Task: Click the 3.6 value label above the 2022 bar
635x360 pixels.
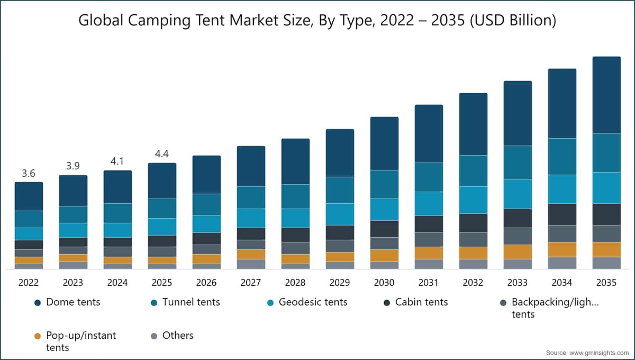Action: [29, 173]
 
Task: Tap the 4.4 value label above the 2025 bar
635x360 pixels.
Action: [162, 154]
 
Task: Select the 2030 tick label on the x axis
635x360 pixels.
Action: [384, 283]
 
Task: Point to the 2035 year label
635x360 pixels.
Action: [606, 283]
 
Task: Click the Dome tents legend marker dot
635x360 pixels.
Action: [38, 303]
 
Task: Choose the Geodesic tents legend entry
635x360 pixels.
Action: [307, 302]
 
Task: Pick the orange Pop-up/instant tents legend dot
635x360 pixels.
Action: [38, 336]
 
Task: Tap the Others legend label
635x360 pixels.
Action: [178, 335]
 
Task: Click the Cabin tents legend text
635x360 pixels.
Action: [422, 302]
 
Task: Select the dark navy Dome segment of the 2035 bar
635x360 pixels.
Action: [606, 95]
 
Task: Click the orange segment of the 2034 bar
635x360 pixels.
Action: [562, 250]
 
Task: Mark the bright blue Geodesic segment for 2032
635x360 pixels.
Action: [473, 200]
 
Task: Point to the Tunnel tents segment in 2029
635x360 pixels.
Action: [340, 190]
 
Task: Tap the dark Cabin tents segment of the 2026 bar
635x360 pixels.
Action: [207, 239]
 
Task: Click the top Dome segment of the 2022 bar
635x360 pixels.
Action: [29, 196]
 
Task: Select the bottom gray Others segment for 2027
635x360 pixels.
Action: [251, 264]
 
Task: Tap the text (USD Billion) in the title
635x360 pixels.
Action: [513, 21]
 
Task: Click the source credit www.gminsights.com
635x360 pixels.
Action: [599, 353]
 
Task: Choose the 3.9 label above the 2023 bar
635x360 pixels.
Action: [73, 166]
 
